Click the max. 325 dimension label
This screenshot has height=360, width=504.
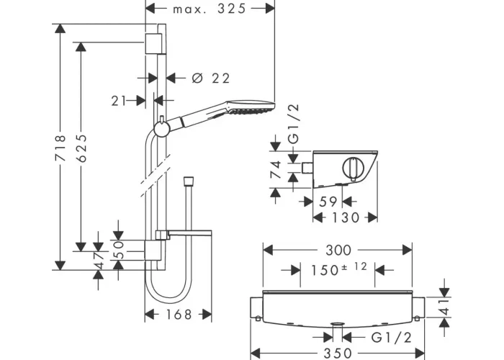[x=210, y=9]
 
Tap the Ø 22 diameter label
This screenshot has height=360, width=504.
[x=211, y=78]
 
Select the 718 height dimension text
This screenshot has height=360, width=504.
[x=60, y=148]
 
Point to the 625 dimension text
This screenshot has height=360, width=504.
[x=81, y=148]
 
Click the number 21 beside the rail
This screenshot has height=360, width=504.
[x=119, y=101]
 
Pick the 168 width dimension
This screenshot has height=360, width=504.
[x=179, y=315]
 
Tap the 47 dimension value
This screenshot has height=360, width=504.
[x=99, y=260]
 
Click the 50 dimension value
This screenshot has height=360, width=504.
[x=119, y=250]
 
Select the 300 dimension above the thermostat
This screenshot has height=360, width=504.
[x=338, y=250]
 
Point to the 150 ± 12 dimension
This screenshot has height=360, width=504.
[x=338, y=269]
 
